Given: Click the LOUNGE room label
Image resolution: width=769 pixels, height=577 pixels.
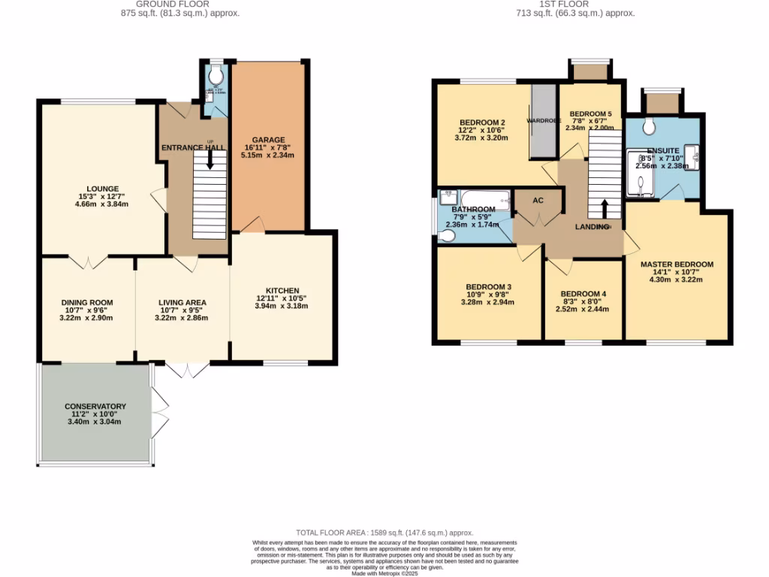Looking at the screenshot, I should [x=102, y=189].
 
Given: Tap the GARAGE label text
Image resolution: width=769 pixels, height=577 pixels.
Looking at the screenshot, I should [x=268, y=140].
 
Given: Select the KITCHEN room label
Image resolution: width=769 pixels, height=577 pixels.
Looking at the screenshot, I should [x=282, y=291].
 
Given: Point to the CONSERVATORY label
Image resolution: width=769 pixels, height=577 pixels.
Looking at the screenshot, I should [x=95, y=406].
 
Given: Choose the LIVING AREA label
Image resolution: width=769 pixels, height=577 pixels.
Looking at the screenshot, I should [x=182, y=303].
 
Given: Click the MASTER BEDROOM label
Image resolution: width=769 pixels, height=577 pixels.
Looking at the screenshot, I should [x=677, y=264].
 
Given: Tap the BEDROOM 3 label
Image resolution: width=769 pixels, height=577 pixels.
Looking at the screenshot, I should [x=488, y=287].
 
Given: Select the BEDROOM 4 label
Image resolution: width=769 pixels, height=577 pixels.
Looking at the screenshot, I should [x=583, y=294].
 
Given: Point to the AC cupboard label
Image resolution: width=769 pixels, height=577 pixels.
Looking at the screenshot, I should [x=538, y=201].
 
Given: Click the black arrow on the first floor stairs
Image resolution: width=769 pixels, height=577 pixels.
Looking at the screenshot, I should [x=605, y=208].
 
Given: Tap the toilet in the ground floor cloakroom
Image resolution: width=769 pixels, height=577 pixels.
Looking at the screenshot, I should [x=216, y=75].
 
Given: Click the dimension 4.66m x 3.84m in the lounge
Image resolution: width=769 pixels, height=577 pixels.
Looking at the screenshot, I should [x=102, y=204].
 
